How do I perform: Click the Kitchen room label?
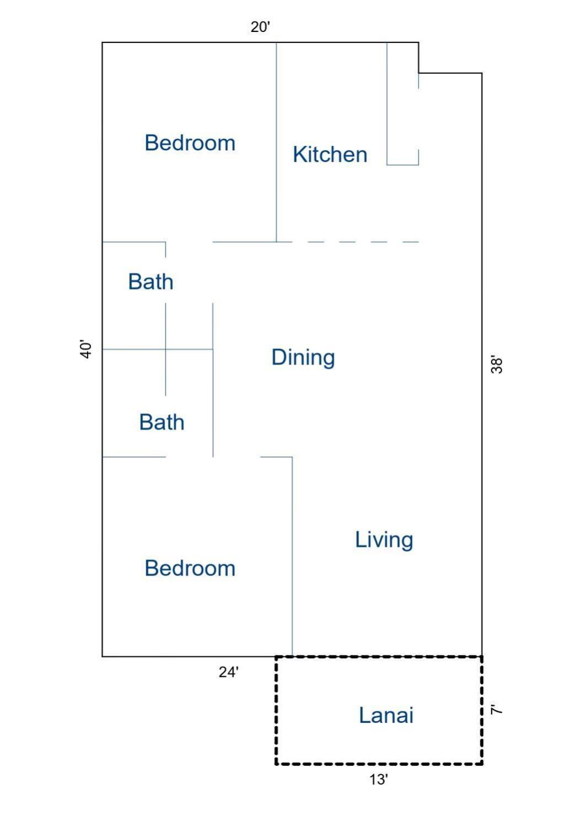click(330, 154)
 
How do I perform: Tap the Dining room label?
click(303, 358)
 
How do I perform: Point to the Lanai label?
click(386, 715)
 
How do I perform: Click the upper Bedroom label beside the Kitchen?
click(190, 143)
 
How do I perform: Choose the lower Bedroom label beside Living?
click(190, 568)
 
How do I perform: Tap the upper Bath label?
click(150, 282)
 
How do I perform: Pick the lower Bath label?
click(162, 422)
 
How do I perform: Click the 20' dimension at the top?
click(261, 27)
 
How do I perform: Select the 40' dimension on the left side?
click(85, 349)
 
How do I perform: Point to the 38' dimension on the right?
click(497, 365)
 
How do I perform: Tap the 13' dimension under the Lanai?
click(379, 780)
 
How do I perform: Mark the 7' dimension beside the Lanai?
click(497, 710)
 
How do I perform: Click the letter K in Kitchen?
click(299, 154)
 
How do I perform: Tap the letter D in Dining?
click(279, 357)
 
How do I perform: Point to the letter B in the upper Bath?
click(135, 282)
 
